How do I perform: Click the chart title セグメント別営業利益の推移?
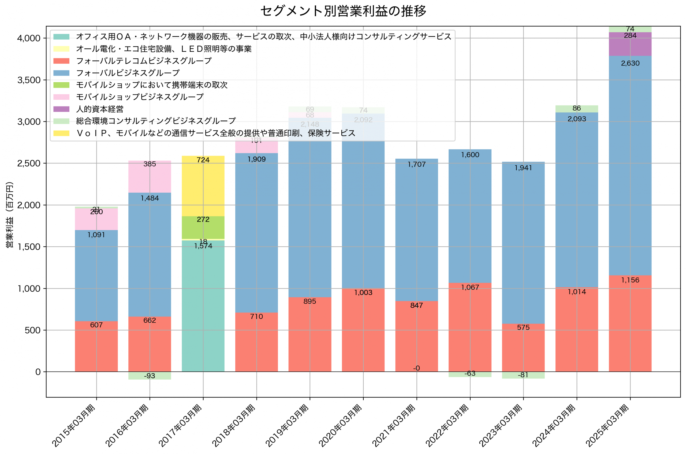point(343,11)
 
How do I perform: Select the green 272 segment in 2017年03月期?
point(203,227)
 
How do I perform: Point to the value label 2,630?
point(630,63)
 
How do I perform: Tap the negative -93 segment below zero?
point(150,376)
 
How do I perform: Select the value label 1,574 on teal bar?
point(203,246)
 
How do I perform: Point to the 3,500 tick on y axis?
point(29,80)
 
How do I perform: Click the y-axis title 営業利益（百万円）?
point(10,214)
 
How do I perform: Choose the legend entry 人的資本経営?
point(99,109)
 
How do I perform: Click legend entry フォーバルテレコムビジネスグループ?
point(144,61)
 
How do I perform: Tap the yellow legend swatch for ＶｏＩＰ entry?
point(61,133)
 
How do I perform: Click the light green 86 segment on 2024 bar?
point(576,109)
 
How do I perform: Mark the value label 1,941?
point(523,168)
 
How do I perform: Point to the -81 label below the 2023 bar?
point(523,375)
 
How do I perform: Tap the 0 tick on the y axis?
point(38,372)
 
